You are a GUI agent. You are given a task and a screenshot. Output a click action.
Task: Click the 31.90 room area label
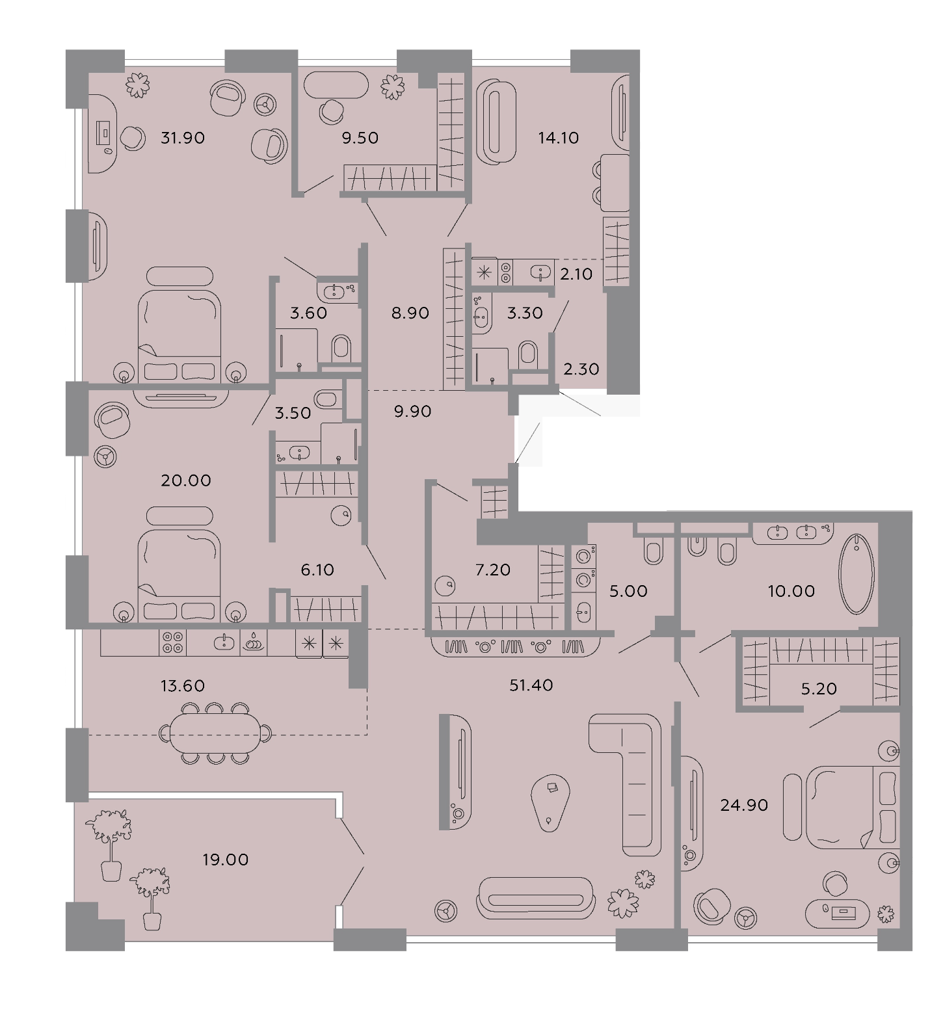pyautogui.click(x=182, y=138)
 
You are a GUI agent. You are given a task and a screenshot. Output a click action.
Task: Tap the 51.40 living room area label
pyautogui.click(x=531, y=685)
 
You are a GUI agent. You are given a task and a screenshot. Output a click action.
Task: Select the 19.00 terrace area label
pyautogui.click(x=226, y=860)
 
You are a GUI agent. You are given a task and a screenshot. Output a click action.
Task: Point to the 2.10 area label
pyautogui.click(x=576, y=274)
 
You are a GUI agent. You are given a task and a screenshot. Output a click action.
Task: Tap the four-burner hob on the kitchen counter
pyautogui.click(x=173, y=643)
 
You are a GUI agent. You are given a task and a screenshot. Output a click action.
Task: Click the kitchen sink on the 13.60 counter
pyautogui.click(x=226, y=642)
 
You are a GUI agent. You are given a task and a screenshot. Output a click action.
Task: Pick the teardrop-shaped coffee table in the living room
pyautogui.click(x=551, y=802)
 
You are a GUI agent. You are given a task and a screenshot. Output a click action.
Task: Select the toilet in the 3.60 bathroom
pyautogui.click(x=341, y=349)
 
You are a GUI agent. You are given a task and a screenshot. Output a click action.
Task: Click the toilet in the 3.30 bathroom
pyautogui.click(x=528, y=356)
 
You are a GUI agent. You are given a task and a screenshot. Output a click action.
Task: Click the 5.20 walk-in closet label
pyautogui.click(x=819, y=688)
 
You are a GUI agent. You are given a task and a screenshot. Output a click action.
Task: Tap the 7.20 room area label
pyautogui.click(x=492, y=570)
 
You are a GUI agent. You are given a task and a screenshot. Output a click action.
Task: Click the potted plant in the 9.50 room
pyautogui.click(x=392, y=87)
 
